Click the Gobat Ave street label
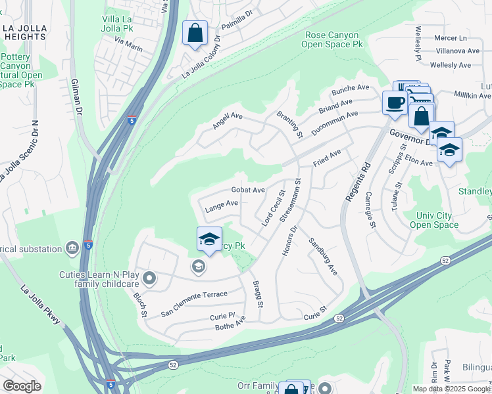tap(247, 190)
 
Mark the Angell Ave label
tap(228, 120)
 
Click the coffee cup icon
tap(395, 103)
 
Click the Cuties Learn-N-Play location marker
tap(149, 278)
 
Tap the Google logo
tap(22, 385)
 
